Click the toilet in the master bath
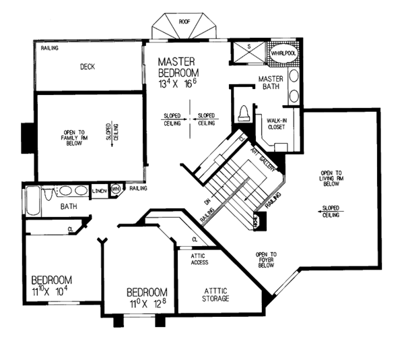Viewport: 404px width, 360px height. pyautogui.click(x=244, y=113)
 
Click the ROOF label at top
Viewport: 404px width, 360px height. pyautogui.click(x=184, y=22)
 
